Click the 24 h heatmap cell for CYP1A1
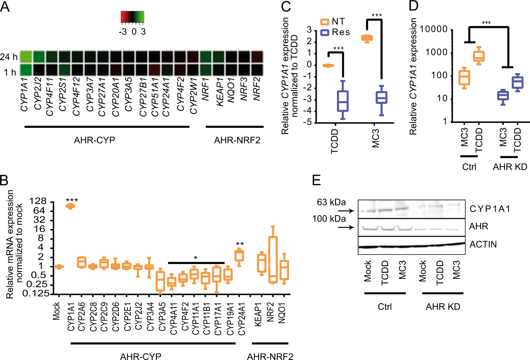pyautogui.click(x=26, y=57)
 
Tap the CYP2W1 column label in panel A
pyautogui.click(x=193, y=96)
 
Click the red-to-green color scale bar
pyautogui.click(x=132, y=17)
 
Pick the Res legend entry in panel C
pyautogui.click(x=335, y=32)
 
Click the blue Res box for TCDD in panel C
pyautogui.click(x=343, y=101)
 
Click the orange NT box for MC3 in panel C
pyautogui.click(x=367, y=38)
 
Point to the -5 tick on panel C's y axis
pyautogui.click(x=309, y=123)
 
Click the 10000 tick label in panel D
pyautogui.click(x=433, y=29)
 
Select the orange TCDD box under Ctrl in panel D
pyautogui.click(x=479, y=56)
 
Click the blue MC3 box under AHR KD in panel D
pyautogui.click(x=503, y=96)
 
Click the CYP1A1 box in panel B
pyautogui.click(x=70, y=206)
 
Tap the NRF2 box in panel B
pyautogui.click(x=273, y=260)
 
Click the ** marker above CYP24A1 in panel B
pyautogui.click(x=240, y=244)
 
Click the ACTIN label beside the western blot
pyautogui.click(x=483, y=244)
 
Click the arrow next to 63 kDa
pyautogui.click(x=346, y=211)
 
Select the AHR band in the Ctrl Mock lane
pyautogui.click(x=369, y=228)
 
